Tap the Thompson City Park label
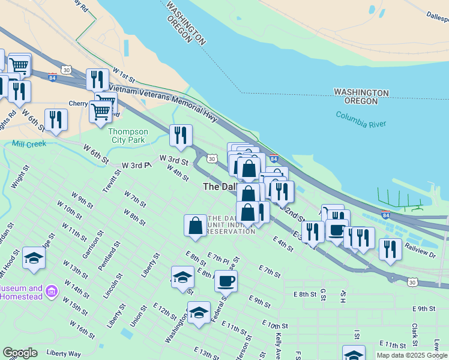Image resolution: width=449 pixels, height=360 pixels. coord(128,136)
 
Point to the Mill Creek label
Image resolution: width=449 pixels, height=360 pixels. coord(29,144)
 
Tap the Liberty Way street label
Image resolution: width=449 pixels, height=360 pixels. coord(63,353)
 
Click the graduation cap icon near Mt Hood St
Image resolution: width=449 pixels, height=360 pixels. coord(34,258)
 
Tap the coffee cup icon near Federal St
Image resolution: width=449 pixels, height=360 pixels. coord(226,280)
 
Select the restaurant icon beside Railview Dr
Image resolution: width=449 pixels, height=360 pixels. coord(390,249)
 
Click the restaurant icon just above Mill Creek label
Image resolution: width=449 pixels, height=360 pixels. coord(56,119)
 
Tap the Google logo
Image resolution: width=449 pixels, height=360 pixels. coord(20,353)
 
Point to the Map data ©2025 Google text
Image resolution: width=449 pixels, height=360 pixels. coord(412,355)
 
